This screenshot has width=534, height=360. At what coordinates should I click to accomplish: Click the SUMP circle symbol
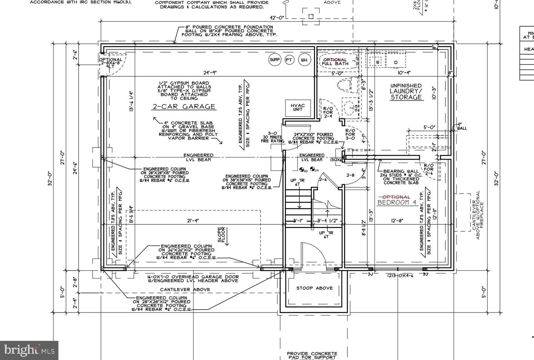point(275,60)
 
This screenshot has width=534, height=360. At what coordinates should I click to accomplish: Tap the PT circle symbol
point(290,60)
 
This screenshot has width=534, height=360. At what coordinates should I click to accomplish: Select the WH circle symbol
point(304,60)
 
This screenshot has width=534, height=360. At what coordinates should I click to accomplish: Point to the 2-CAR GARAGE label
point(184,107)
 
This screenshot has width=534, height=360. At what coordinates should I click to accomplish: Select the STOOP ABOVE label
point(314,288)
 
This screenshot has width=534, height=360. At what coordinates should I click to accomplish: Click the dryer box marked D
point(396,62)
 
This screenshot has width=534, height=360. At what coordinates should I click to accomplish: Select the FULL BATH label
point(335,64)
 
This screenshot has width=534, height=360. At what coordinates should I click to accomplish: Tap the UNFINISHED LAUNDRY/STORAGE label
point(406,92)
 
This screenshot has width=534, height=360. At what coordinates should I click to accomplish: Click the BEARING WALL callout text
point(401,177)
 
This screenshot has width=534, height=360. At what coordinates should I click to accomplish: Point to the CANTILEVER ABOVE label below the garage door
point(185,290)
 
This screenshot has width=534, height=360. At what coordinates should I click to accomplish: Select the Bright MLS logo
point(29,350)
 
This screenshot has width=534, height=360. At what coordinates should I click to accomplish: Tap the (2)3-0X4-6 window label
point(400,275)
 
